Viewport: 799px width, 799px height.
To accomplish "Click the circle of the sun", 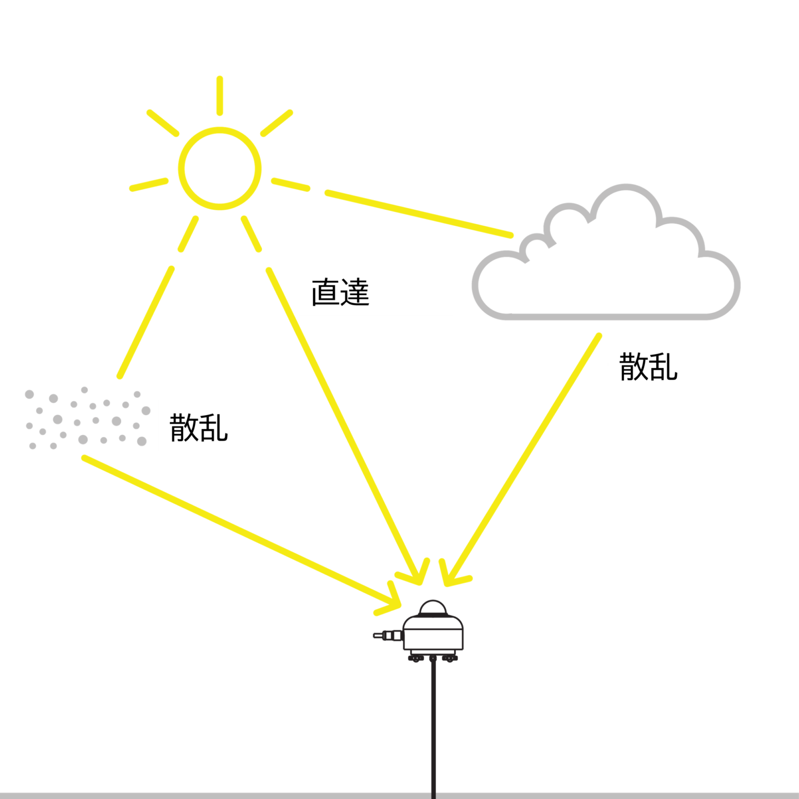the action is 219,129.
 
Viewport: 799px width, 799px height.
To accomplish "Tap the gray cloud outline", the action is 606,317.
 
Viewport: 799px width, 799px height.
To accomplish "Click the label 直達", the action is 340,293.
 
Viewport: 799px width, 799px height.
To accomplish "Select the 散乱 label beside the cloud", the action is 648,367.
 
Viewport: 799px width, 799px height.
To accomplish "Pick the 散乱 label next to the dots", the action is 198,427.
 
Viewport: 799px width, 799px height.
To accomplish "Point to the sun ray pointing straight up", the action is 219,95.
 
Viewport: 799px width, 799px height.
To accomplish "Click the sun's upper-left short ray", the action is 163,123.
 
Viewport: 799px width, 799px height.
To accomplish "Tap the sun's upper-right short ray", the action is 277,123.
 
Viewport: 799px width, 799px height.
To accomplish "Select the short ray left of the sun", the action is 149,185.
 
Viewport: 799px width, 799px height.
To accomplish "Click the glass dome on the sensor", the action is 433,608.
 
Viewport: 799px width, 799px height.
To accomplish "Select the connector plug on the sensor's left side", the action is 388,635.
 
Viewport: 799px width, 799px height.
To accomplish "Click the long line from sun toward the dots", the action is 145,322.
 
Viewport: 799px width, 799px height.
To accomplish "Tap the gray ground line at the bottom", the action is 399,796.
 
